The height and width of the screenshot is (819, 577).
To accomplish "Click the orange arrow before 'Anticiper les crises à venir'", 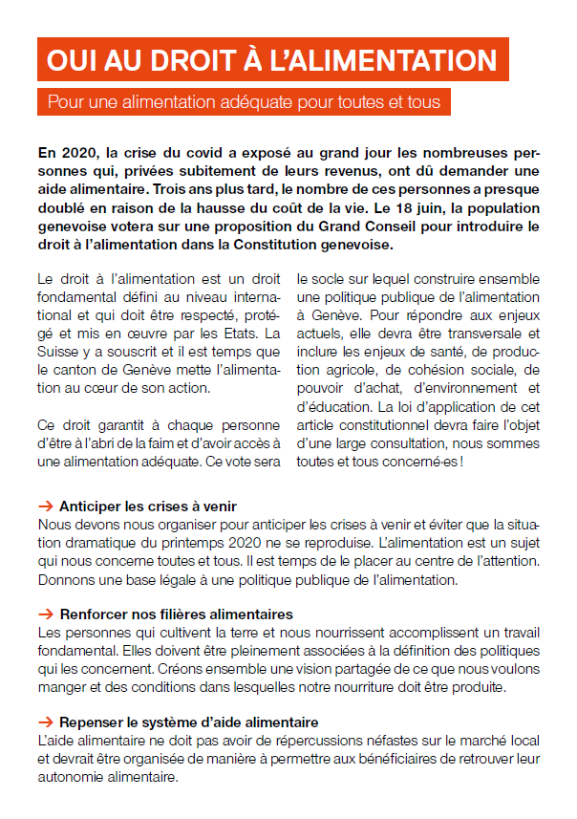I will click(x=45, y=506).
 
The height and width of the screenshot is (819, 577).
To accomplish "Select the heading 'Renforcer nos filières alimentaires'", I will click(x=176, y=614).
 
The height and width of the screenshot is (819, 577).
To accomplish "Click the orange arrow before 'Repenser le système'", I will click(x=45, y=722).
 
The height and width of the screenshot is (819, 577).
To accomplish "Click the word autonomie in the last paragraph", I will click(x=74, y=777).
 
